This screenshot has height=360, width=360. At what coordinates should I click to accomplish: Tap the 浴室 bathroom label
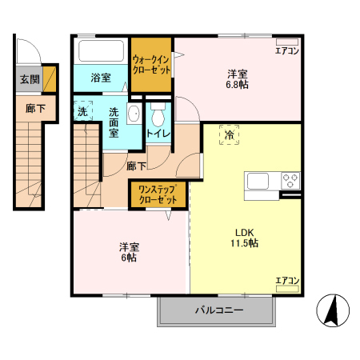(x=100, y=78)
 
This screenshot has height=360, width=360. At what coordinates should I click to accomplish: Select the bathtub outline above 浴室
(x=100, y=52)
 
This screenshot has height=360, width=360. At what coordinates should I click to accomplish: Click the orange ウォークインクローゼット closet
(x=152, y=65)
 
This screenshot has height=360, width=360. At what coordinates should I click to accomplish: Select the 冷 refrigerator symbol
(x=230, y=135)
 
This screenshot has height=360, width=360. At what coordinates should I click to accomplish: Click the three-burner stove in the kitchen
(x=290, y=181)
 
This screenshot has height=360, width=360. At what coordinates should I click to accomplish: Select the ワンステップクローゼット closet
(x=158, y=194)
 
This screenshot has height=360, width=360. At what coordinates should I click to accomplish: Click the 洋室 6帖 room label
(x=128, y=252)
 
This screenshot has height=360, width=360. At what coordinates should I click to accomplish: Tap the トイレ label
(x=158, y=134)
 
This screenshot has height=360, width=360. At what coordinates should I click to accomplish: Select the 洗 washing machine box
(x=82, y=112)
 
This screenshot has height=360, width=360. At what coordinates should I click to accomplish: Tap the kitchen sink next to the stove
(x=261, y=181)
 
